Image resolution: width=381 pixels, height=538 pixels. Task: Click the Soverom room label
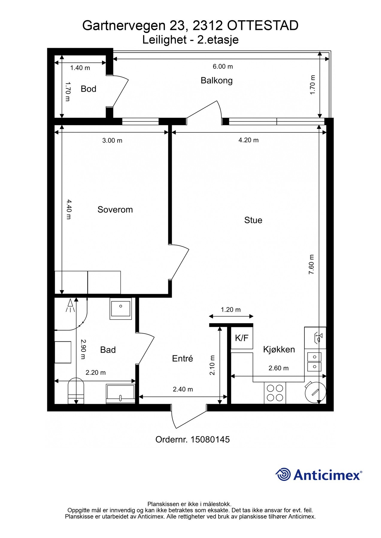[115, 210]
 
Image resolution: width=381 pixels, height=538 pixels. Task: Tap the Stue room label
[253, 220]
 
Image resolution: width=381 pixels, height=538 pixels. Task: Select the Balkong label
[217, 81]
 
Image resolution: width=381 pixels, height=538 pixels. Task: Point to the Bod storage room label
[88, 89]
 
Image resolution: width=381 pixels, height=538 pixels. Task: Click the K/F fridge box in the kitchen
[242, 338]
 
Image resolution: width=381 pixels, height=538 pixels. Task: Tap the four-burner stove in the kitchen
[275, 393]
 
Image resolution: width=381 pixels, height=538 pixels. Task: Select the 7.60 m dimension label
[312, 265]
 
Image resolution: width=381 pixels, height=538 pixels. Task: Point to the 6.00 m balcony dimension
[223, 66]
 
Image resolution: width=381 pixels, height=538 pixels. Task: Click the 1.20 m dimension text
[231, 310]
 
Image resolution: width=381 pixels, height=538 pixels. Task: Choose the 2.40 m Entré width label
[183, 389]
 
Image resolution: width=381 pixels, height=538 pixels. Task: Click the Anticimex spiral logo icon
[283, 474]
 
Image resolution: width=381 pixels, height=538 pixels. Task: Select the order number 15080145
[210, 439]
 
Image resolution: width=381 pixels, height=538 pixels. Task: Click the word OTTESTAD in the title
[263, 26]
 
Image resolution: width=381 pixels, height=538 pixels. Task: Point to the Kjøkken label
[279, 350]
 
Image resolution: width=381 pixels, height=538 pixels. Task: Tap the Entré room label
[183, 358]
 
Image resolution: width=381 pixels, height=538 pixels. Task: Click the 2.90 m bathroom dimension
[83, 349]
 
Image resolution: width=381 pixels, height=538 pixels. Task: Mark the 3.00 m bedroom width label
[112, 140]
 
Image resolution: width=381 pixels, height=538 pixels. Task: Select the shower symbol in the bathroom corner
[71, 305]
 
